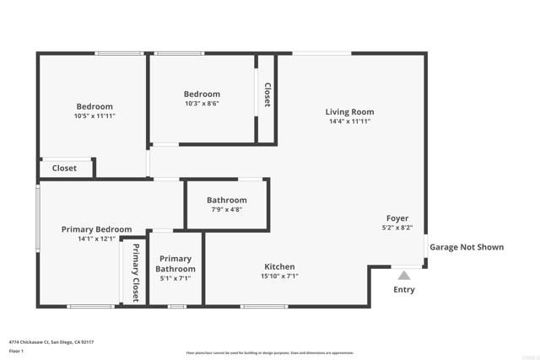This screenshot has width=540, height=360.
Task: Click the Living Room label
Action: point(349,112)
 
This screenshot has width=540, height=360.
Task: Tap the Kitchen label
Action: point(280,266)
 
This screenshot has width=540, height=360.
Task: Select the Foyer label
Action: point(397,218)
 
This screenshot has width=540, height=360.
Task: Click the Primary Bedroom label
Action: point(96,229)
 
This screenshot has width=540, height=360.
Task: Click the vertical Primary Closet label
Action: point(135,271)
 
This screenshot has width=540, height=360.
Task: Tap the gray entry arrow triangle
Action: point(404,275)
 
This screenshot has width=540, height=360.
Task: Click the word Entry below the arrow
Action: point(404,290)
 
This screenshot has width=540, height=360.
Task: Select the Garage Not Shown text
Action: point(467,247)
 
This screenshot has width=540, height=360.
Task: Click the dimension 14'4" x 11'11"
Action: point(349,121)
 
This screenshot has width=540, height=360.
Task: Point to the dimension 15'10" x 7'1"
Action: point(280,276)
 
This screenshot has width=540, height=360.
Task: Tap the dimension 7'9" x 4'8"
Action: point(226,209)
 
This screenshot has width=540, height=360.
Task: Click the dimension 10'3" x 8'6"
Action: point(202,104)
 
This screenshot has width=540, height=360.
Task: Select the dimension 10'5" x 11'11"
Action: point(94,116)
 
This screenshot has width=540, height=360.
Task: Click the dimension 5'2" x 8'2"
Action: point(397,227)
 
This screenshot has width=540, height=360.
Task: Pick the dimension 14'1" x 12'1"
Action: point(96,239)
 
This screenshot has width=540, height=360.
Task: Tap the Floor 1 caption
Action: point(16,351)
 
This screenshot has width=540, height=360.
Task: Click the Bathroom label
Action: point(226,200)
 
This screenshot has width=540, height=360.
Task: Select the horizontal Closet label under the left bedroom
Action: point(64,169)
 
